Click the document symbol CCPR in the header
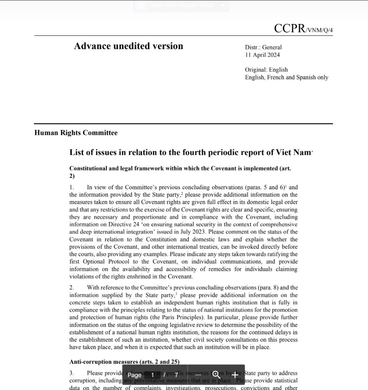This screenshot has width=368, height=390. tap(289, 29)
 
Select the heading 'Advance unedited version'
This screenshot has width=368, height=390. tap(128, 46)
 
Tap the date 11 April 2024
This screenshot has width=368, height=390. tap(262, 55)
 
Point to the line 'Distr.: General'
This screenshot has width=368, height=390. tap(263, 48)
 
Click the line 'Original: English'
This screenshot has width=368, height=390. tap(266, 70)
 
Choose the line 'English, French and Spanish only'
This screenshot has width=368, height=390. tap(286, 77)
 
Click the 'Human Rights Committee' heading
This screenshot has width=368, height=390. tap(76, 133)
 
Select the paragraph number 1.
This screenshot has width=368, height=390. tap(72, 187)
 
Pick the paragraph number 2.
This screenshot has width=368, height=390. tap(72, 288)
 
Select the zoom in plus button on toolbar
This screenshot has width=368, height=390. tap(235, 375)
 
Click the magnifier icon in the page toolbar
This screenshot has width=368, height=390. tap(216, 375)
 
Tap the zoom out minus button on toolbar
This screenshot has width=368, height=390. tap(198, 375)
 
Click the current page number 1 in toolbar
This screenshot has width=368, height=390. tap(153, 375)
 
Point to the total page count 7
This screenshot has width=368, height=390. tap(177, 375)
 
